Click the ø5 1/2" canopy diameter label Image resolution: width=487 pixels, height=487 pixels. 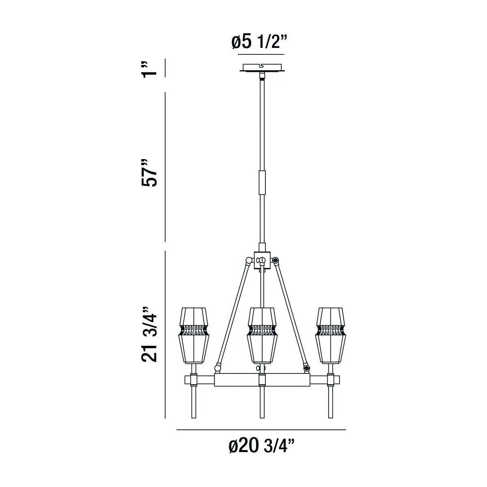(x=259, y=42)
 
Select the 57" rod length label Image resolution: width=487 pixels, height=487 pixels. (x=149, y=173)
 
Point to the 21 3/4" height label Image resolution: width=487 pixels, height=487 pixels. (x=149, y=339)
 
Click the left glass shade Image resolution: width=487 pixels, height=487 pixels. (x=194, y=335)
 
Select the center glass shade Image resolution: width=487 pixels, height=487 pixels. (x=262, y=335)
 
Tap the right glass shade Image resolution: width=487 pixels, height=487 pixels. (x=330, y=335)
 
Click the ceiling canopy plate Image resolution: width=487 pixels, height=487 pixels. (x=262, y=68)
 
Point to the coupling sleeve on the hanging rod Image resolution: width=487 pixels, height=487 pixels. (x=262, y=182)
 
